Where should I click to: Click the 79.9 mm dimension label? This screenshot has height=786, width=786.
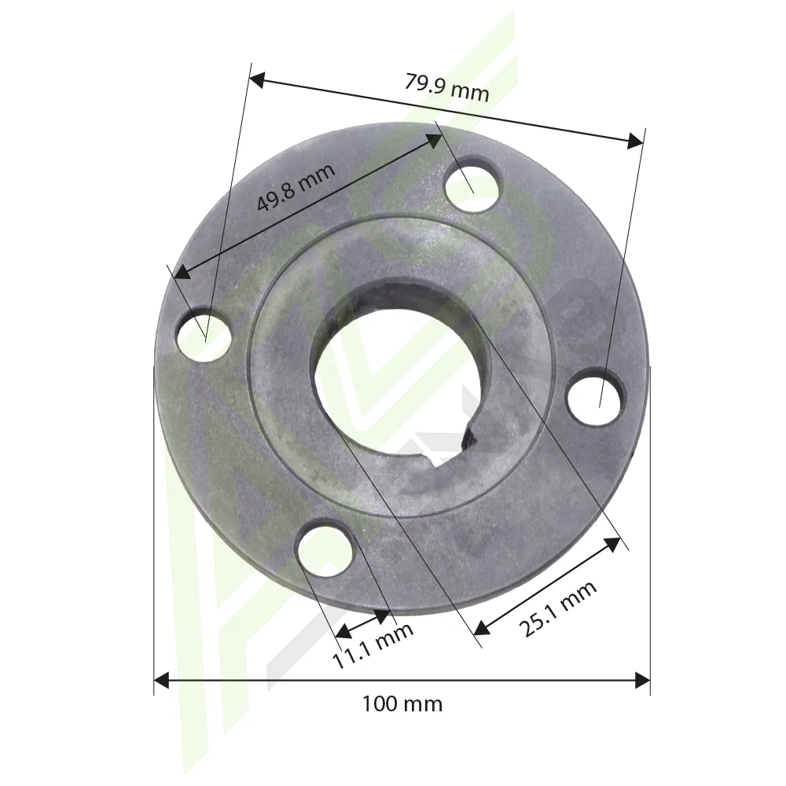coord(446,87)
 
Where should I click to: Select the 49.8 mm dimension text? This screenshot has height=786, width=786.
coord(296,188)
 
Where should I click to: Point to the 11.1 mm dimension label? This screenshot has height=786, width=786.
coord(373,646)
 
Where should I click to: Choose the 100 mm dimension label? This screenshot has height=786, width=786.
coord(402,704)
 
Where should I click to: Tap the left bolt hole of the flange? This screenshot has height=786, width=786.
coord(205,334)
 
